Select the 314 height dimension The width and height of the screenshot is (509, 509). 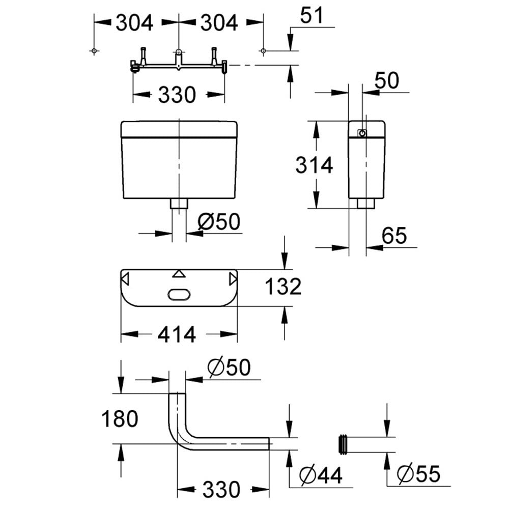tap(314, 165)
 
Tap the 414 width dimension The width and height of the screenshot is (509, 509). tap(177, 334)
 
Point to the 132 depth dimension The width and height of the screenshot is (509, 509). tap(283, 286)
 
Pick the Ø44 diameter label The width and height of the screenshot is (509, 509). tap(321, 475)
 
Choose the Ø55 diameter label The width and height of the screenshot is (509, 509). tap(418, 473)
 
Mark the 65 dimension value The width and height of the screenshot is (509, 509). tap(394, 235)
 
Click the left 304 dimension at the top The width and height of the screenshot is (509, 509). tap(134, 23)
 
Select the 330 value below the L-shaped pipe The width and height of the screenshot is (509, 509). tap(221, 490)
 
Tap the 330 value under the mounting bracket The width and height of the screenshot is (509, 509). tap(177, 95)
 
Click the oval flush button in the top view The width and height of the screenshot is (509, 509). tap(179, 295)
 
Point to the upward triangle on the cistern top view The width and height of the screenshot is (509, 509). tap(179, 274)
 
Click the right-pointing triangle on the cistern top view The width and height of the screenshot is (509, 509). tap(233, 279)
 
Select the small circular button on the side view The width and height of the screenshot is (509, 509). tap(362, 133)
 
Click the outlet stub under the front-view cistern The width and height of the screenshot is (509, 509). tap(179, 204)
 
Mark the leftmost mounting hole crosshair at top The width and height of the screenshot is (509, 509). tap(94, 50)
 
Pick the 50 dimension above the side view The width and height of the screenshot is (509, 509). tap(386, 80)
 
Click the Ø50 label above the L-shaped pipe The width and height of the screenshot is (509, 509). tap(229, 367)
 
